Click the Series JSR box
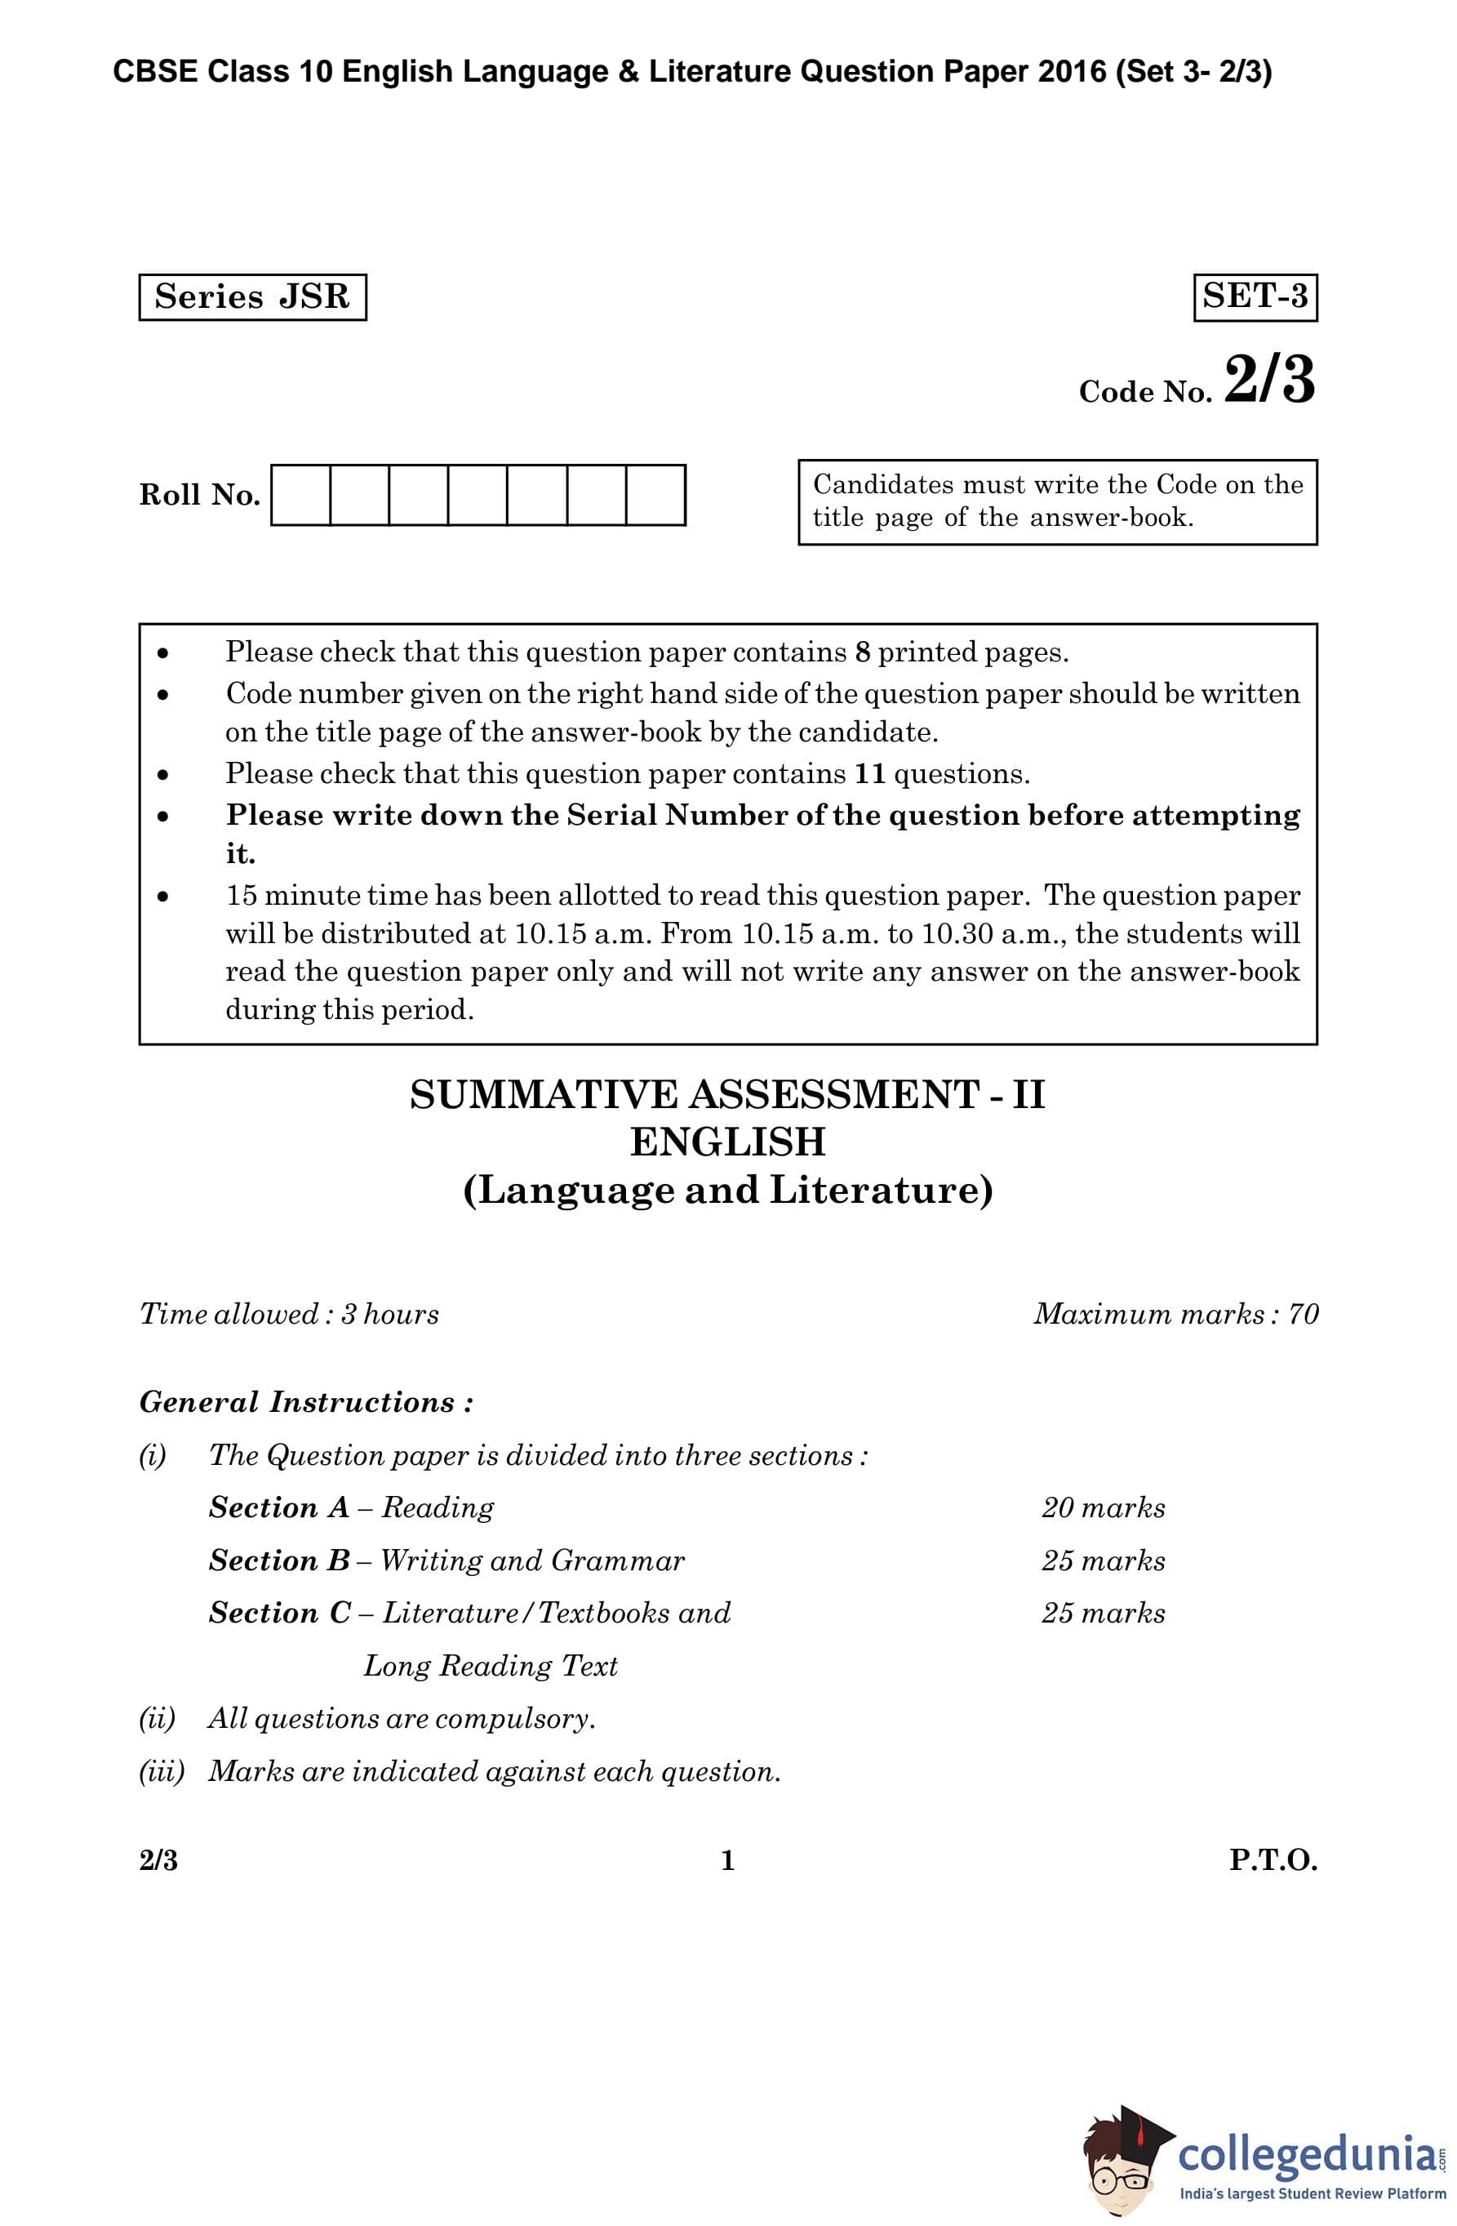(252, 297)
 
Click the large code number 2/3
(1268, 381)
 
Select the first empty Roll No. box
(300, 495)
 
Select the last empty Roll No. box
(655, 495)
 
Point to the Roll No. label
(199, 495)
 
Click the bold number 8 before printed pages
(862, 652)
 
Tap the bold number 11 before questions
(870, 773)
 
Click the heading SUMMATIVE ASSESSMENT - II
(726, 1094)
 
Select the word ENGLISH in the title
(726, 1142)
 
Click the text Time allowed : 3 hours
(289, 1314)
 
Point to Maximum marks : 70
(1175, 1314)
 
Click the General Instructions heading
(306, 1402)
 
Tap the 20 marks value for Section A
(1103, 1507)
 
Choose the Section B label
(278, 1560)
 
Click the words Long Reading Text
(490, 1666)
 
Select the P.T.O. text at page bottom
(1272, 1860)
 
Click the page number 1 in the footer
(727, 1860)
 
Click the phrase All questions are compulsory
(402, 1718)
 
